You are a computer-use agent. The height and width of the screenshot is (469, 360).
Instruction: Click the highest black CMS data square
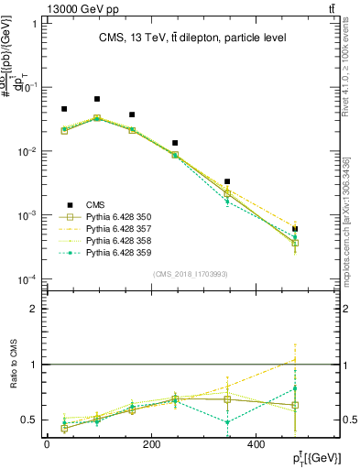(97, 99)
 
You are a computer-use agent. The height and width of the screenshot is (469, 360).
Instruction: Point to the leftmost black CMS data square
(64, 109)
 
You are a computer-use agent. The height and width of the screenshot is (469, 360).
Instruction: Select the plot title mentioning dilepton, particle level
(192, 38)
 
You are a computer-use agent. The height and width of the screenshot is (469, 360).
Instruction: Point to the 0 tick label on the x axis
(47, 443)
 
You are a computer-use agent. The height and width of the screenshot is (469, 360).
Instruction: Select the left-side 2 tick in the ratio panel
(34, 309)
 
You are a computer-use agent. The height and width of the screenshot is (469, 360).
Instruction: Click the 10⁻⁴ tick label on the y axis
(27, 279)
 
